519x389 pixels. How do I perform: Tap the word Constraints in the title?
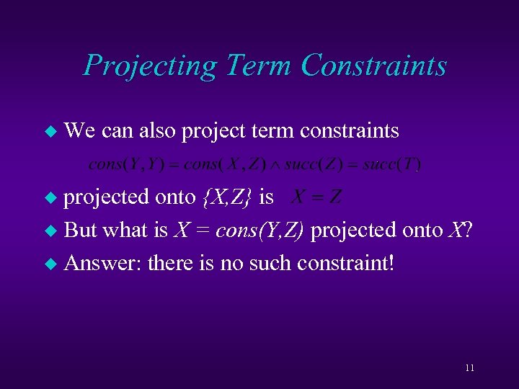pyautogui.click(x=374, y=66)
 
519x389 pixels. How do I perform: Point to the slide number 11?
pyautogui.click(x=470, y=368)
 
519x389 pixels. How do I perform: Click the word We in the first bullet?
pyautogui.click(x=80, y=130)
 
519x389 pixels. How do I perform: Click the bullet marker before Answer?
pyautogui.click(x=50, y=263)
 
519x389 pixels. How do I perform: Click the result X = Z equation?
pyautogui.click(x=315, y=197)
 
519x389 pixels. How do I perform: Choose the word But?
pyautogui.click(x=81, y=230)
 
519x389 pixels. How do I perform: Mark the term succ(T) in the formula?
pyautogui.click(x=392, y=164)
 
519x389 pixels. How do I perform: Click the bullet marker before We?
pyautogui.click(x=50, y=131)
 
